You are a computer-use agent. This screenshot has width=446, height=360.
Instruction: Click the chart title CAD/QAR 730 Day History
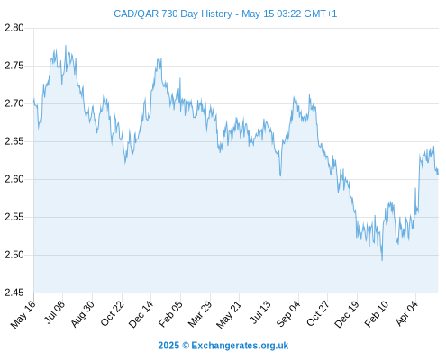click(173, 13)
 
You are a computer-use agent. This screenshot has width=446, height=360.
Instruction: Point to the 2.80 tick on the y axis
click(14, 28)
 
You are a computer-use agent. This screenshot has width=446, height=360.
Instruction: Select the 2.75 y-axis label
click(14, 66)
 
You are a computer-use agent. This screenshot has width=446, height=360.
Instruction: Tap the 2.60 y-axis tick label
click(14, 179)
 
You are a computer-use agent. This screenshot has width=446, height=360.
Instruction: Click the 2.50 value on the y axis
click(14, 255)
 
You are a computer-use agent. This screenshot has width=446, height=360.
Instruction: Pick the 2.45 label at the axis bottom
click(14, 292)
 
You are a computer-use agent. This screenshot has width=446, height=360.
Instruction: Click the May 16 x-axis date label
click(23, 314)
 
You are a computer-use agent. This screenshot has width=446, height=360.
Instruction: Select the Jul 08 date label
click(54, 312)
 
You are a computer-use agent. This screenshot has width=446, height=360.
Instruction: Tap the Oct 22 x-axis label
click(112, 313)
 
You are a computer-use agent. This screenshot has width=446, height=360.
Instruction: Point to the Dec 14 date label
click(141, 314)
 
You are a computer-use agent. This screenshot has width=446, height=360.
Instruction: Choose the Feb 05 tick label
click(170, 314)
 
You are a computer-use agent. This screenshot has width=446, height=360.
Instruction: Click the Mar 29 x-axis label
click(200, 314)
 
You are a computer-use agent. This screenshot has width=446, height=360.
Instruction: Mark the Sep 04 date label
click(288, 314)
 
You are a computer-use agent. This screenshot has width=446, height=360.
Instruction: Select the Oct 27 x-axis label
click(318, 313)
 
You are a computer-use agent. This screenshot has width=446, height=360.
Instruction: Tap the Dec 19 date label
click(347, 314)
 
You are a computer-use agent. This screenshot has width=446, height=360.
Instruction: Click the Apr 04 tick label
click(406, 313)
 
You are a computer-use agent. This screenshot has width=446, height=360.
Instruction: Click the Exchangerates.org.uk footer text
click(240, 346)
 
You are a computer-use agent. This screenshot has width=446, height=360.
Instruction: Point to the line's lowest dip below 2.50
click(382, 260)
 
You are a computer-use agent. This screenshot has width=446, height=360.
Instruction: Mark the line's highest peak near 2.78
click(66, 46)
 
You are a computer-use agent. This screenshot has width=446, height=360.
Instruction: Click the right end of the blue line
click(438, 173)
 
